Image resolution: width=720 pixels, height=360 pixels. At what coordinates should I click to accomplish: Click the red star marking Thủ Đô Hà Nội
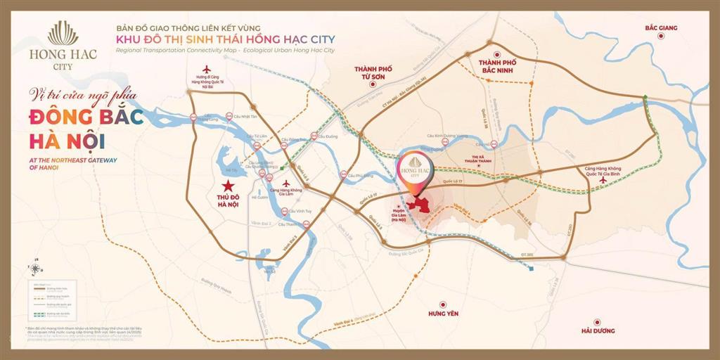[229, 186]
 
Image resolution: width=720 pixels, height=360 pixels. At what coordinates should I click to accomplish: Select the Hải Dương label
[598, 330]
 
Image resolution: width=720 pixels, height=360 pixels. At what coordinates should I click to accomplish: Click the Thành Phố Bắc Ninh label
[498, 67]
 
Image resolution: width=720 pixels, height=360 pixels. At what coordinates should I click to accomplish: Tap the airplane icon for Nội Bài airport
[207, 69]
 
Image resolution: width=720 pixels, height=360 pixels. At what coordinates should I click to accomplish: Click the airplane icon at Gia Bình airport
[602, 179]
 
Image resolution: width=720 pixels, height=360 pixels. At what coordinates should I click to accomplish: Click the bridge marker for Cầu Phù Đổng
[342, 175]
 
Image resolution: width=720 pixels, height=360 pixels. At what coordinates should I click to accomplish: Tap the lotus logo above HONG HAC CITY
[63, 34]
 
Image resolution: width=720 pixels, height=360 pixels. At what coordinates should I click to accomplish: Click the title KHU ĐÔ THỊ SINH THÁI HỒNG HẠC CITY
[225, 39]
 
